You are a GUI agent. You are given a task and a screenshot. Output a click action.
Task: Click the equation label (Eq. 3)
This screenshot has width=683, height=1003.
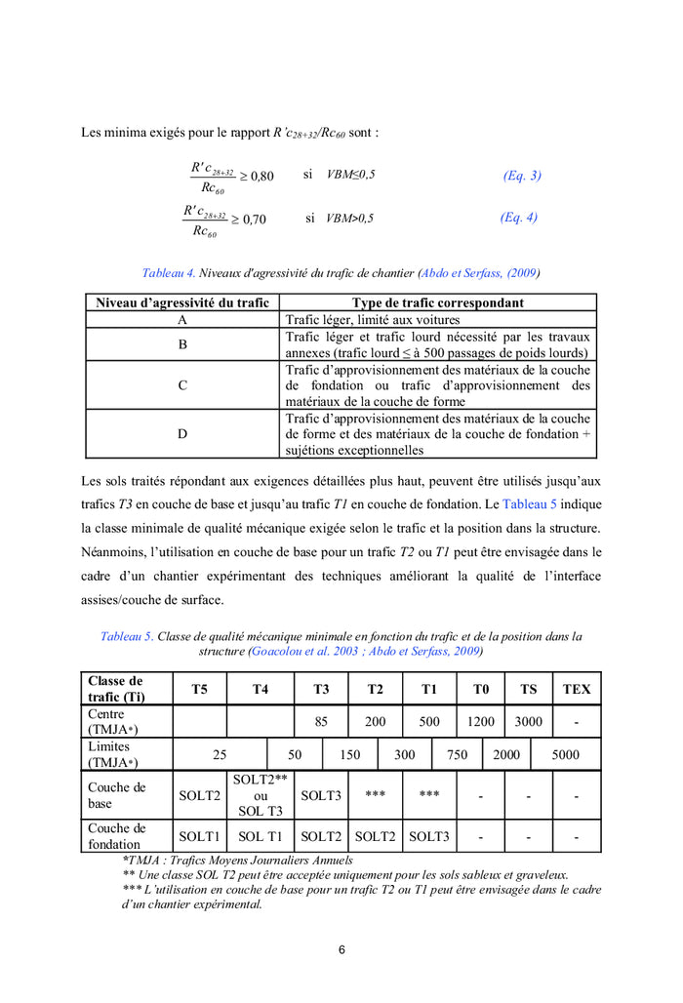pos(522,176)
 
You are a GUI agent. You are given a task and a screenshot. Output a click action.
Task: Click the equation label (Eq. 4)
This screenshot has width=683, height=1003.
pos(518,218)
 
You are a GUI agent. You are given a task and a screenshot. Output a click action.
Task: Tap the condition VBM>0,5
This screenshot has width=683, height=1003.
pos(350,219)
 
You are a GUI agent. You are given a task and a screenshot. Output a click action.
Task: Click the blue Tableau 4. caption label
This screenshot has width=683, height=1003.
pos(169,273)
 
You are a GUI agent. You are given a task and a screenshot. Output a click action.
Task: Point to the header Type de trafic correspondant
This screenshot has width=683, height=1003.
pos(437,303)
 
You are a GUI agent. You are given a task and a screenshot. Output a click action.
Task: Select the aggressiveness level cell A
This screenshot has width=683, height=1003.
pos(182,319)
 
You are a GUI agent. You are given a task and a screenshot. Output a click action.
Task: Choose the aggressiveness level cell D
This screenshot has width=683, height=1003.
pos(182,433)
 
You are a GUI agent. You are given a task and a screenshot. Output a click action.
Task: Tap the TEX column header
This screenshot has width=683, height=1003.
pos(577,689)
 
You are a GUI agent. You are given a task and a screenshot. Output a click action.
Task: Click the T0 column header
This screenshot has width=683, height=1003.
pos(481,689)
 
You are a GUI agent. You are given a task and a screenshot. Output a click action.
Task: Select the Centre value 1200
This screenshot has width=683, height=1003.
pos(481,722)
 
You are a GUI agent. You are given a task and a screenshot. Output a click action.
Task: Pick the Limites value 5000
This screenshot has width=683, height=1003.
pos(565,754)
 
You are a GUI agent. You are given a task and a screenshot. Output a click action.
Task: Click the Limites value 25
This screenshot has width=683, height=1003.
pos(220,754)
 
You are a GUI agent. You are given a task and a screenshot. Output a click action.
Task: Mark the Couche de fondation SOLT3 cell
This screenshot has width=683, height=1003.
pos(429,836)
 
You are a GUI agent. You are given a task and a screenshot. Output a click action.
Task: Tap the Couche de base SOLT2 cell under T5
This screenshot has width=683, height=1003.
pos(199,795)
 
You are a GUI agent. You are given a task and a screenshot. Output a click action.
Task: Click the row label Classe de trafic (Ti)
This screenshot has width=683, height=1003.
pos(116,689)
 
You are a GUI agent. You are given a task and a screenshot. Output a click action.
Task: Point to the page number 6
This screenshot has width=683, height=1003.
pos(341,949)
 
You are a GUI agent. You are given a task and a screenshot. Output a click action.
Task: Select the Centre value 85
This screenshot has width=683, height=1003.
pos(321,722)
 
